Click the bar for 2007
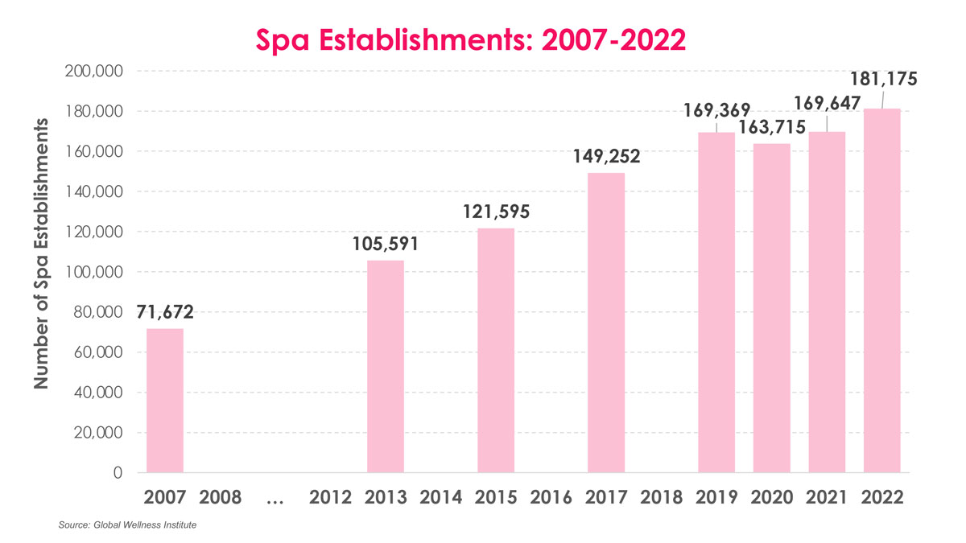click(x=164, y=401)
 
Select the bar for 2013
click(x=385, y=367)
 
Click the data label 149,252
click(x=606, y=156)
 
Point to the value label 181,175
click(x=882, y=80)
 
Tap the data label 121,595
click(x=496, y=212)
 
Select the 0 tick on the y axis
click(x=118, y=473)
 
